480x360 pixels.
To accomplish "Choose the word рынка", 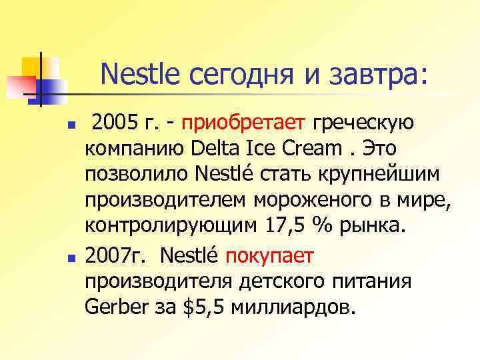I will coord(369,227).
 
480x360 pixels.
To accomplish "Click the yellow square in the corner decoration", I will coord(32,67).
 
